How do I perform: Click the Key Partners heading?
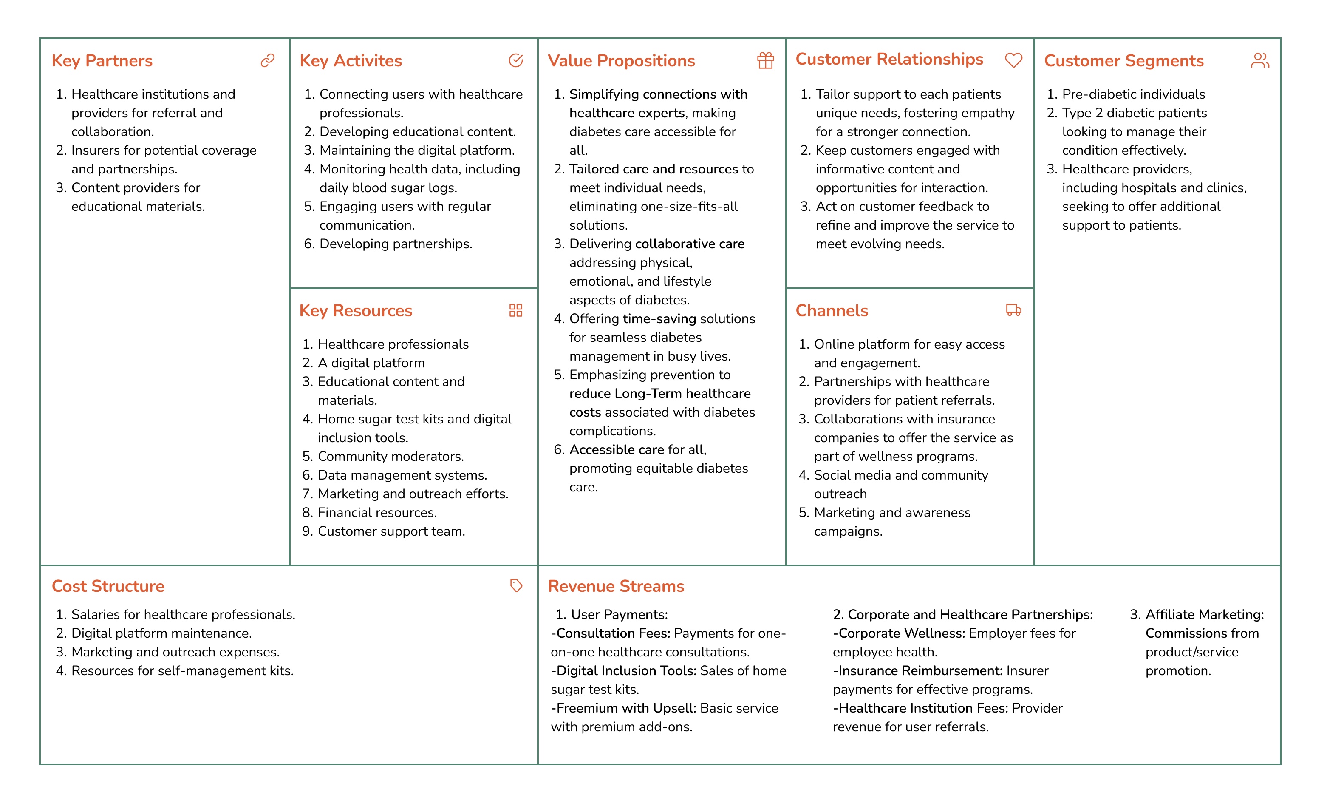click(102, 61)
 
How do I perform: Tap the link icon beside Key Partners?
click(268, 60)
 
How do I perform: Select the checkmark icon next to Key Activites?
click(515, 60)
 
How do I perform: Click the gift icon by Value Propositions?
click(765, 60)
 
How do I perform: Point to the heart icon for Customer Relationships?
click(1013, 60)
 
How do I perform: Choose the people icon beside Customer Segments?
click(1260, 60)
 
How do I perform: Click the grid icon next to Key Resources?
click(515, 310)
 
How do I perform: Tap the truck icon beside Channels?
click(1013, 310)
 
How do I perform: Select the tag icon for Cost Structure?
click(516, 586)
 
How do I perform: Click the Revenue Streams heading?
click(616, 586)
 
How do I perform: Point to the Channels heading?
click(832, 311)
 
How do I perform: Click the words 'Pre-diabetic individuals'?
click(1133, 94)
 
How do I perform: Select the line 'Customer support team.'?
click(391, 531)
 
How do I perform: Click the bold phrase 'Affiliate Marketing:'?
click(1204, 615)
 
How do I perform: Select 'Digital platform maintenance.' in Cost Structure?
click(161, 633)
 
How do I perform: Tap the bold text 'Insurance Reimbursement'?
click(920, 671)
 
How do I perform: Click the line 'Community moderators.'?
click(390, 457)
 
